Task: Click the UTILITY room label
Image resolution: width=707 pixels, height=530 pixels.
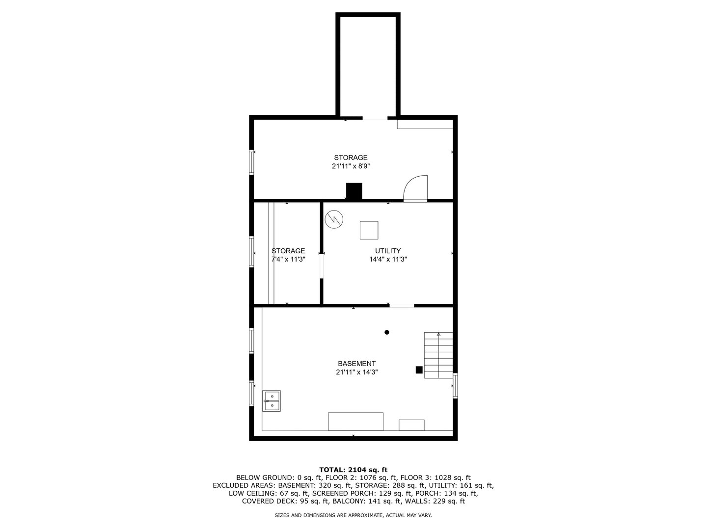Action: (x=388, y=251)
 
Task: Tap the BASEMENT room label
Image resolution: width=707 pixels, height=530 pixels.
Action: (x=356, y=364)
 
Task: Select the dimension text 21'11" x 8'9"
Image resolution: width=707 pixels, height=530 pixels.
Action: (x=351, y=166)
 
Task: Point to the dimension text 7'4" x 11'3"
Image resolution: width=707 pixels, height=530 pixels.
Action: (x=288, y=259)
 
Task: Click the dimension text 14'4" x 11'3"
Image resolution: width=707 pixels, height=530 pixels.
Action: (x=388, y=259)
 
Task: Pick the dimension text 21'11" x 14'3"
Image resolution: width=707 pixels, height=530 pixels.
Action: (x=356, y=372)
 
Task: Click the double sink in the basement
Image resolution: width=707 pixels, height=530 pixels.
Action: (x=272, y=401)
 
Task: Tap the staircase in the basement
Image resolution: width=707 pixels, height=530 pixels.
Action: (x=438, y=355)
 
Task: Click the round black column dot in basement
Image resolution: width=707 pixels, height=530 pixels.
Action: (x=387, y=332)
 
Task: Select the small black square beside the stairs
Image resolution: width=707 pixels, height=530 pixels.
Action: (x=419, y=370)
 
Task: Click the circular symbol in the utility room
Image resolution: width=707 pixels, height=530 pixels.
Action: (x=334, y=219)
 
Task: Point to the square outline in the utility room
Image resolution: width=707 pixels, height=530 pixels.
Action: (x=369, y=230)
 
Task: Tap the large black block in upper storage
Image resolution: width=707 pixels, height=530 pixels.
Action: (x=354, y=191)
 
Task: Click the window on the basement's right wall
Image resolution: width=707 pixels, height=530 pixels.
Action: (x=455, y=386)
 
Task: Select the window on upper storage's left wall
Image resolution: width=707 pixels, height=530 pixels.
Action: (x=251, y=162)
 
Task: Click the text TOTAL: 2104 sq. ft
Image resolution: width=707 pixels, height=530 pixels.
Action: (x=353, y=470)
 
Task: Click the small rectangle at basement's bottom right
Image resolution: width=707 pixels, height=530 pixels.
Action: (x=411, y=425)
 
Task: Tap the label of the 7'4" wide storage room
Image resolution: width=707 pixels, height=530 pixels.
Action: (x=288, y=251)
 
